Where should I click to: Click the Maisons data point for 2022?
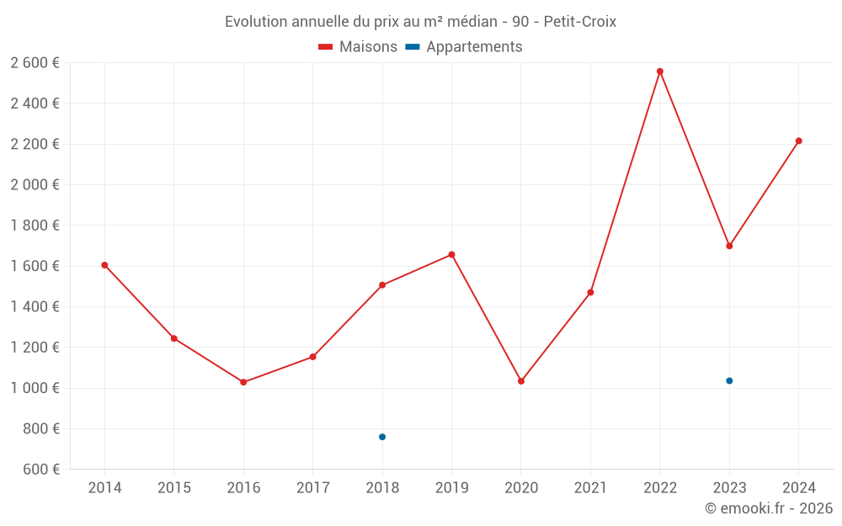pyautogui.click(x=660, y=72)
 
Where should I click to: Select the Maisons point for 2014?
pyautogui.click(x=104, y=265)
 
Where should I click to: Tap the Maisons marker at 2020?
pyautogui.click(x=521, y=381)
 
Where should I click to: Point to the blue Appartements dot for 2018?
pyautogui.click(x=382, y=437)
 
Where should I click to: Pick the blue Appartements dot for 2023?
pyautogui.click(x=729, y=381)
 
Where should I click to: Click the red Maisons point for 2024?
pyautogui.click(x=799, y=141)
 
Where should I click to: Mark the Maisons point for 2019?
pyautogui.click(x=451, y=254)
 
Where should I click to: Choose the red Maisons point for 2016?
pyautogui.click(x=243, y=382)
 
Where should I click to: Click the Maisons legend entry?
pyautogui.click(x=358, y=47)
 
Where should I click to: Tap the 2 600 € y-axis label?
pyautogui.click(x=35, y=62)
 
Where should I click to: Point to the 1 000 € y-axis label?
pyautogui.click(x=35, y=388)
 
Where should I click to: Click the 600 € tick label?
pyautogui.click(x=40, y=469)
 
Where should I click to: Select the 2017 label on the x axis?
pyautogui.click(x=312, y=488)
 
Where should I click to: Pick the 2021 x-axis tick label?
pyautogui.click(x=590, y=488)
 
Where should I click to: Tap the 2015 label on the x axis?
pyautogui.click(x=174, y=488)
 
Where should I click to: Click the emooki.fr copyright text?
pyautogui.click(x=769, y=508)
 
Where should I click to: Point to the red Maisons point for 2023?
pyautogui.click(x=729, y=246)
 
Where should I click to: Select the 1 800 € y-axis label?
pyautogui.click(x=35, y=225)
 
